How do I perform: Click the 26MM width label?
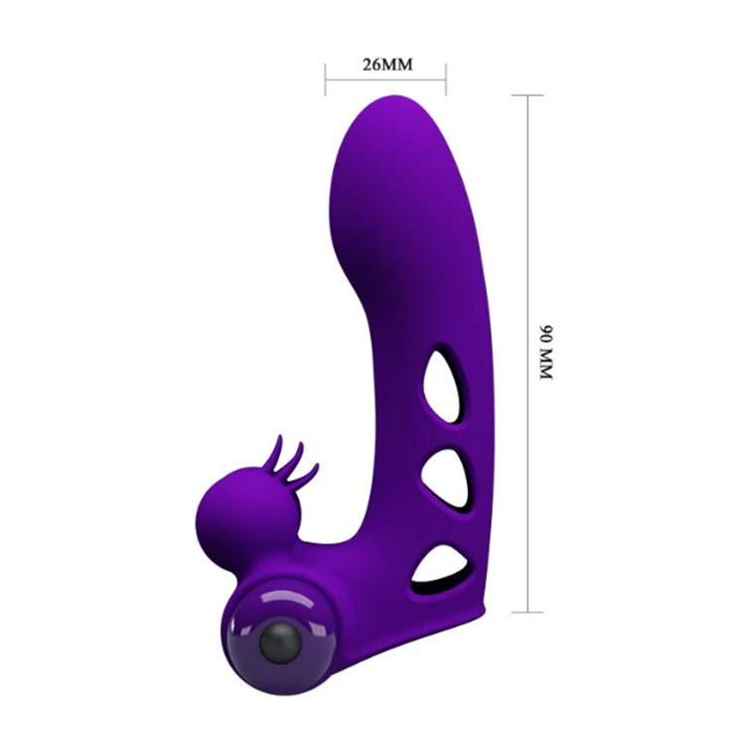(387, 65)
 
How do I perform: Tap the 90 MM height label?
(546, 353)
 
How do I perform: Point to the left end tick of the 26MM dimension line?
(326, 79)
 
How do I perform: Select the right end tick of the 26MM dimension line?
(446, 79)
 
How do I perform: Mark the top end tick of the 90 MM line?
(527, 95)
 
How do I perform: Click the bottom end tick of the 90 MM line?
(527, 612)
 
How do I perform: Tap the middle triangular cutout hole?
(444, 479)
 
